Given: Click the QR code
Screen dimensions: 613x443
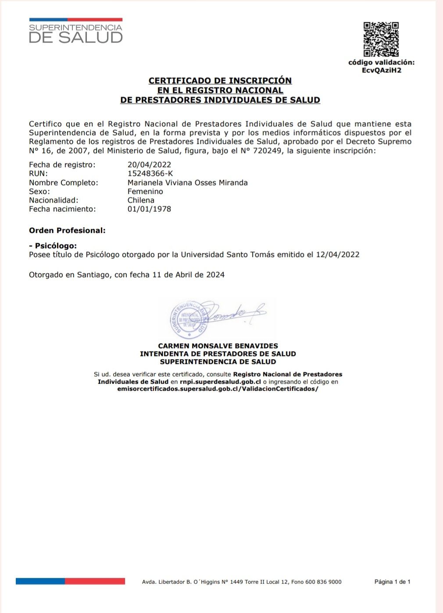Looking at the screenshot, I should pos(381,39).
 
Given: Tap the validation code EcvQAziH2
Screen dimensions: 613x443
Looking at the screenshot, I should pos(381,70).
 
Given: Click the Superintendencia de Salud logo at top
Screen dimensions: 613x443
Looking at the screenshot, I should pos(75,31).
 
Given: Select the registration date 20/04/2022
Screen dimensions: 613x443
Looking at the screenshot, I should pos(149,165).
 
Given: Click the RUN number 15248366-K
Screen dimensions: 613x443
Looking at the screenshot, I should pos(150,174).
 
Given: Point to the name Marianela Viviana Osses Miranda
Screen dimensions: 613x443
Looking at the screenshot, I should pos(187,182).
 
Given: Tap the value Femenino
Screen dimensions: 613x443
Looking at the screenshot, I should pos(145,192).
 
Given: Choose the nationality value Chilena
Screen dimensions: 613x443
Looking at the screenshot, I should pos(141,200).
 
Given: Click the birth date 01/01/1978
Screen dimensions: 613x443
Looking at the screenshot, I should pos(149,209).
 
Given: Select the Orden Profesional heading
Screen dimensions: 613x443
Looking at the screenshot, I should pos(67,230).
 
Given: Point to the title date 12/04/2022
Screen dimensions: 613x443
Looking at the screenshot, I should pos(337,254).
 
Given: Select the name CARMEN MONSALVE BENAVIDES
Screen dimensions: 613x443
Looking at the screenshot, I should pos(218,346).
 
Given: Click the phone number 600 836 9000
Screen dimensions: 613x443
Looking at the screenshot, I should pos(323,582).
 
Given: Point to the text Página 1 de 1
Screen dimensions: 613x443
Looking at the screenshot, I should pos(392,582).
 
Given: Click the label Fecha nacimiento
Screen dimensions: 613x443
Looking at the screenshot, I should pos(62,209).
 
